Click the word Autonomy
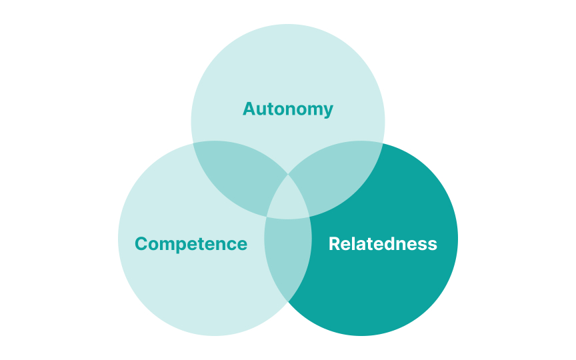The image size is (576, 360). [287, 109]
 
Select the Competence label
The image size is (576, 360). [191, 244]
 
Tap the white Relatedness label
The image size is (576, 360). [383, 244]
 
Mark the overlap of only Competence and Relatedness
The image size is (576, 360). [288, 257]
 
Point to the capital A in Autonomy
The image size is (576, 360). [249, 109]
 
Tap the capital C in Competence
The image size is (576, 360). [141, 244]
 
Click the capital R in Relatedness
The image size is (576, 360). [335, 244]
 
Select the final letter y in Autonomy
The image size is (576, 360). [328, 111]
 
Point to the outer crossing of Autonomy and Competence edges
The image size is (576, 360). [193, 143]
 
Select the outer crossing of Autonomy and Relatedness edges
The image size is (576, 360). [383, 143]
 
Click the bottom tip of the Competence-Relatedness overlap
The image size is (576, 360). [288, 301]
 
